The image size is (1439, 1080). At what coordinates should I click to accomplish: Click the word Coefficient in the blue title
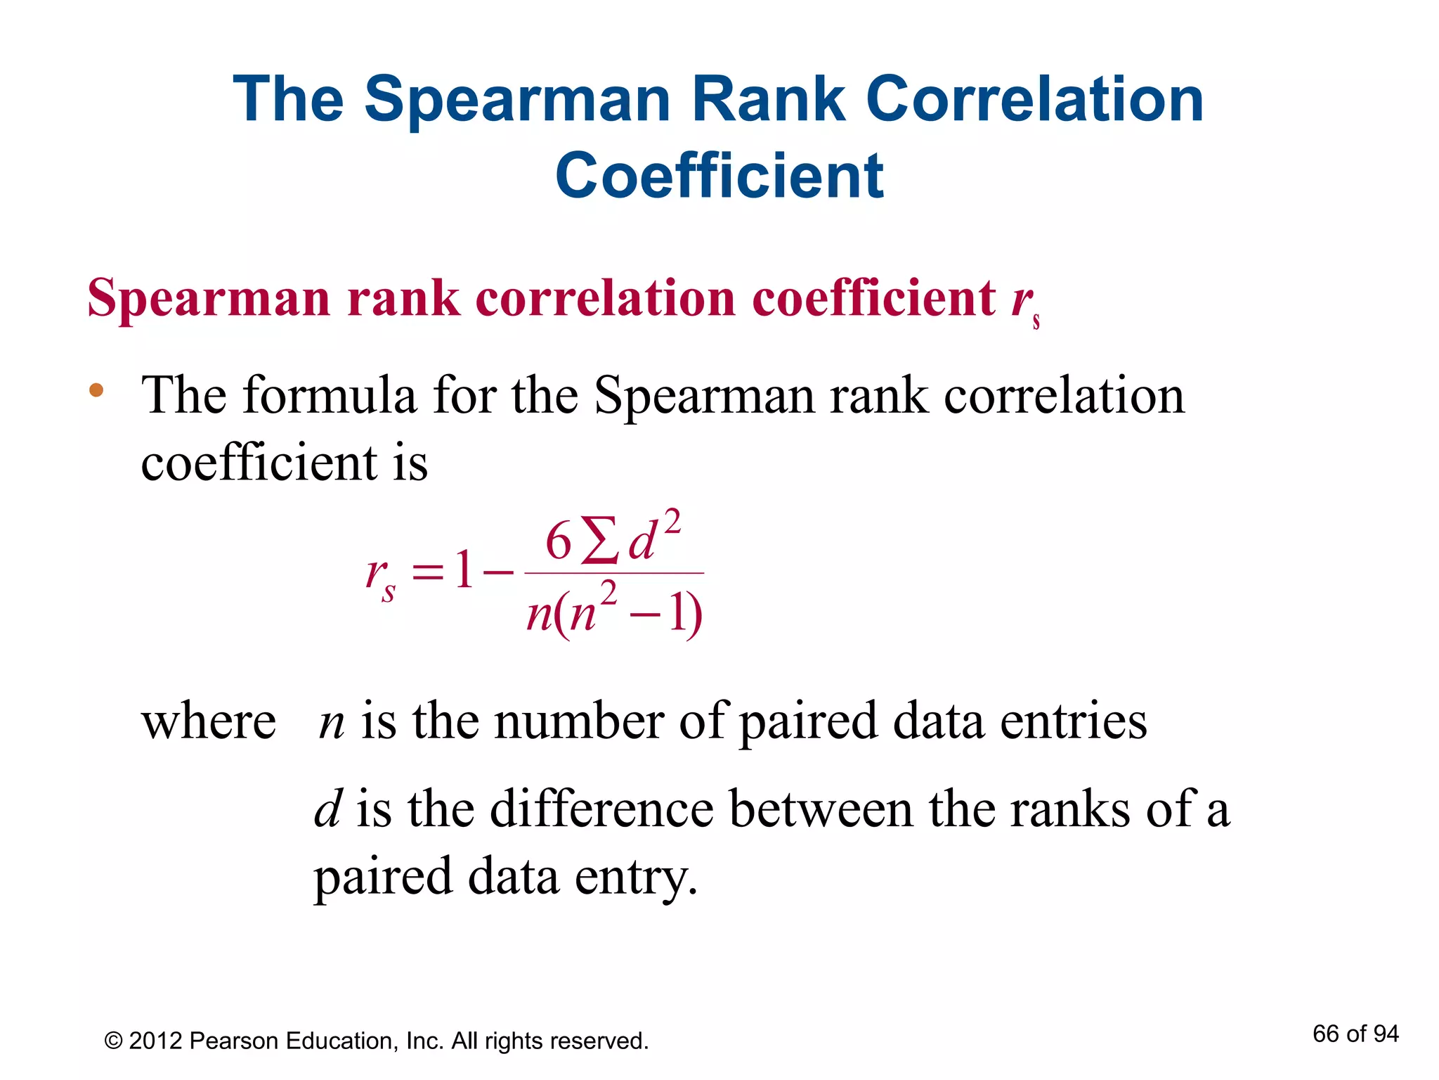click(x=719, y=176)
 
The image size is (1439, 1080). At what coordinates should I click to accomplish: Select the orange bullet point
click(x=96, y=390)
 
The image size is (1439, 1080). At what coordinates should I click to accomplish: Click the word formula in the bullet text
click(x=330, y=395)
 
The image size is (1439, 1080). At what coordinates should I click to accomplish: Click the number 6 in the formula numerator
click(x=559, y=542)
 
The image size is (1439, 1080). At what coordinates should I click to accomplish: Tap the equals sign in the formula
click(x=428, y=571)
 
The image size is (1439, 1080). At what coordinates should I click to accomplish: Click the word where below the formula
click(x=209, y=722)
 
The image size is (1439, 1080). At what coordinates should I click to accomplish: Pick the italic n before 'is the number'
click(x=332, y=723)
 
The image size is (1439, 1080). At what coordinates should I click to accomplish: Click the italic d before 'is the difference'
click(x=327, y=809)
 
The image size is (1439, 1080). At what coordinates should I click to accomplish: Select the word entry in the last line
click(x=635, y=877)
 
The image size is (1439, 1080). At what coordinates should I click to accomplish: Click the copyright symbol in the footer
click(x=113, y=1041)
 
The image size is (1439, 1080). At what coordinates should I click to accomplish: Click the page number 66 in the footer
click(x=1325, y=1034)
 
